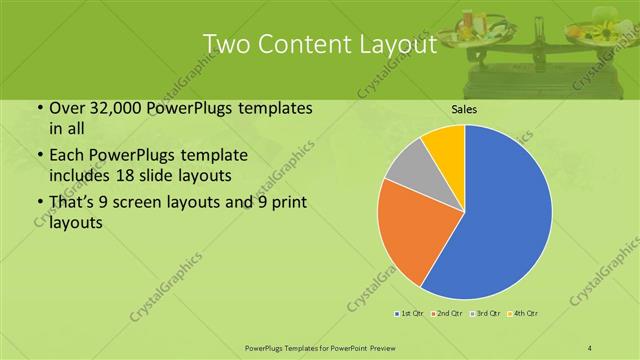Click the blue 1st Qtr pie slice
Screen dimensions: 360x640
coord(500,220)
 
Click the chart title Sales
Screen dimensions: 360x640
coord(463,109)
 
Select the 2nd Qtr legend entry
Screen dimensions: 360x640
coord(447,314)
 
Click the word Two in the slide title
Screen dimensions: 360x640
coord(227,46)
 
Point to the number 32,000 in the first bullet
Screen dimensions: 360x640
coord(104,109)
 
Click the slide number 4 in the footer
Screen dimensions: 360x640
coord(590,346)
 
